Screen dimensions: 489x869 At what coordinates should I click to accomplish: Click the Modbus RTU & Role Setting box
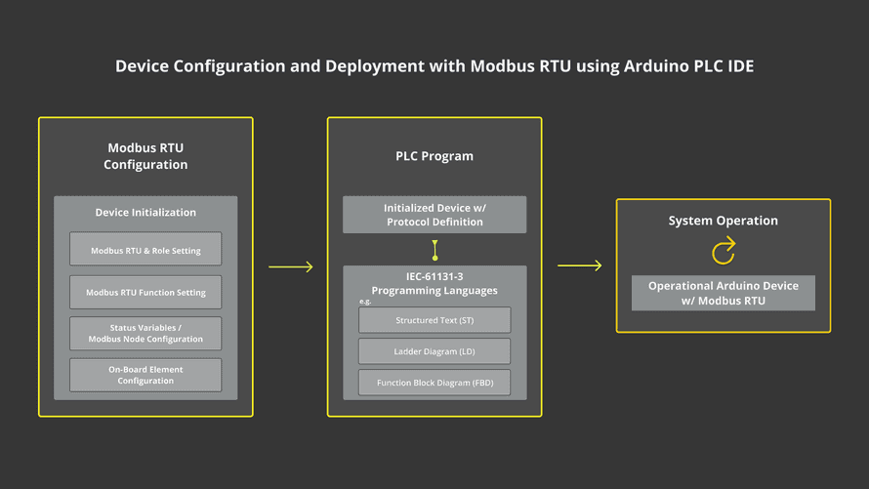point(145,250)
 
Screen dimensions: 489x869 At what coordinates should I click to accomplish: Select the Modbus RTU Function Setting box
point(145,292)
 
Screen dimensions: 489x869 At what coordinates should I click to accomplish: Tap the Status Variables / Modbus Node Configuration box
point(145,333)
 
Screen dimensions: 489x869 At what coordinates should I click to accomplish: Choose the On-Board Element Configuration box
point(145,375)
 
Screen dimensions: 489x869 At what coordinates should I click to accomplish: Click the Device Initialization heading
point(145,212)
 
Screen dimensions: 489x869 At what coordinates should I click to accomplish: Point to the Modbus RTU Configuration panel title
point(145,156)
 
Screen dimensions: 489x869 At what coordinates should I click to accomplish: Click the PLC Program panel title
point(434,156)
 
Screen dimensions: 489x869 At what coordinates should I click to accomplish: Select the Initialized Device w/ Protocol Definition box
point(434,215)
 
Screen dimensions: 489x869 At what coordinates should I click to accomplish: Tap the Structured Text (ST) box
point(434,320)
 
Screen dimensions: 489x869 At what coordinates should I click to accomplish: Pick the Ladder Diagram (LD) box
point(434,351)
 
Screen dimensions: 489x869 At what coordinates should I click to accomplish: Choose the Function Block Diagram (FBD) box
point(434,383)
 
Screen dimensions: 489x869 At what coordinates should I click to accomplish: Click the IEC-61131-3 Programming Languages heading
point(434,283)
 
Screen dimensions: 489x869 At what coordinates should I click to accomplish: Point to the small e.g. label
point(365,302)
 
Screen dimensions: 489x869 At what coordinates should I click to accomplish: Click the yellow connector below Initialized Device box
point(434,250)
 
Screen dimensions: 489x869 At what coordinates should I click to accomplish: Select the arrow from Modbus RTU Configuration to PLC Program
point(290,266)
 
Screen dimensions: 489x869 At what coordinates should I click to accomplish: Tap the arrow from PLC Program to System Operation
point(579,265)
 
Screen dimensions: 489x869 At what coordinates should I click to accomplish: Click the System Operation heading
point(724,221)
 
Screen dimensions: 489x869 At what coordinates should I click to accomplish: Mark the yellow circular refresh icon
point(724,252)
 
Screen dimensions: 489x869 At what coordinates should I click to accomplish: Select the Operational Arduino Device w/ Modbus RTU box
point(724,293)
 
